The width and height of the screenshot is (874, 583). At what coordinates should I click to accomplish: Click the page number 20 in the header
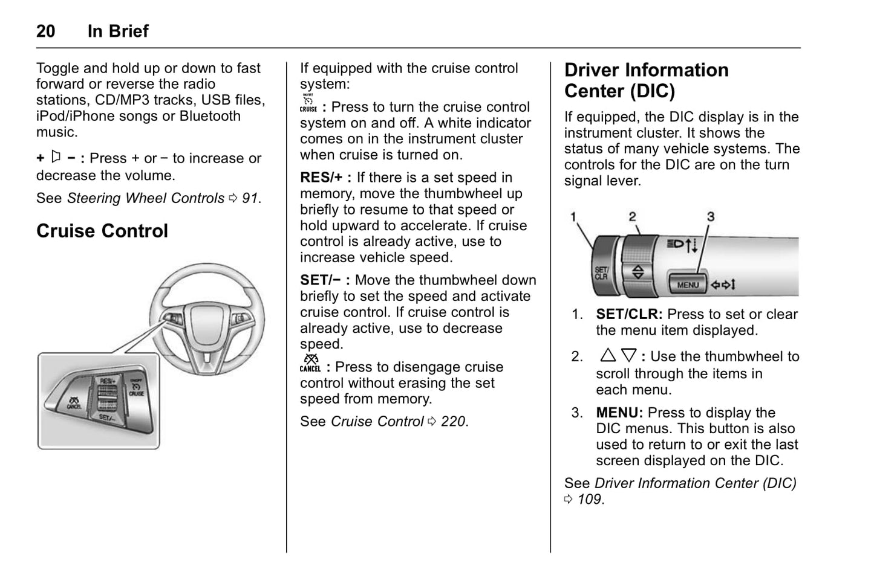pos(46,31)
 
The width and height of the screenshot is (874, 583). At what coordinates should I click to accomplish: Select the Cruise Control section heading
pos(102,231)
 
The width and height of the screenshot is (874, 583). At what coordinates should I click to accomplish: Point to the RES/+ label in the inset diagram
pos(108,381)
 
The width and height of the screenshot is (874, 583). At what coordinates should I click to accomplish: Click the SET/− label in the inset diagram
pos(107,417)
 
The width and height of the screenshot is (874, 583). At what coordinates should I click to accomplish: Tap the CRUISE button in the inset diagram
pos(135,388)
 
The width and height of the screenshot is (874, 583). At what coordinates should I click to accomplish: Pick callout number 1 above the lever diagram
pos(573,216)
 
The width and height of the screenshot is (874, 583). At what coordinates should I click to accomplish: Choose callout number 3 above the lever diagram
pos(711,216)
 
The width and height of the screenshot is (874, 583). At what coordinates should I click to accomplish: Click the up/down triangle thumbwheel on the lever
pos(638,272)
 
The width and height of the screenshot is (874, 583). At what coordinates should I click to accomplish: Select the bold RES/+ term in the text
pos(321,178)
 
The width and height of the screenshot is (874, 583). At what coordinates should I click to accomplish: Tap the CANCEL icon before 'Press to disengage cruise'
pos(310,363)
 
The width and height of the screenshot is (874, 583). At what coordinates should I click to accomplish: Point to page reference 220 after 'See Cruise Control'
pos(454,421)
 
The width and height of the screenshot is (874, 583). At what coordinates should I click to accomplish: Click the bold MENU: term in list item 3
pos(619,413)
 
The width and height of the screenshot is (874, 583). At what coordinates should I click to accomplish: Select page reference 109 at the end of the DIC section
pos(589,499)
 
